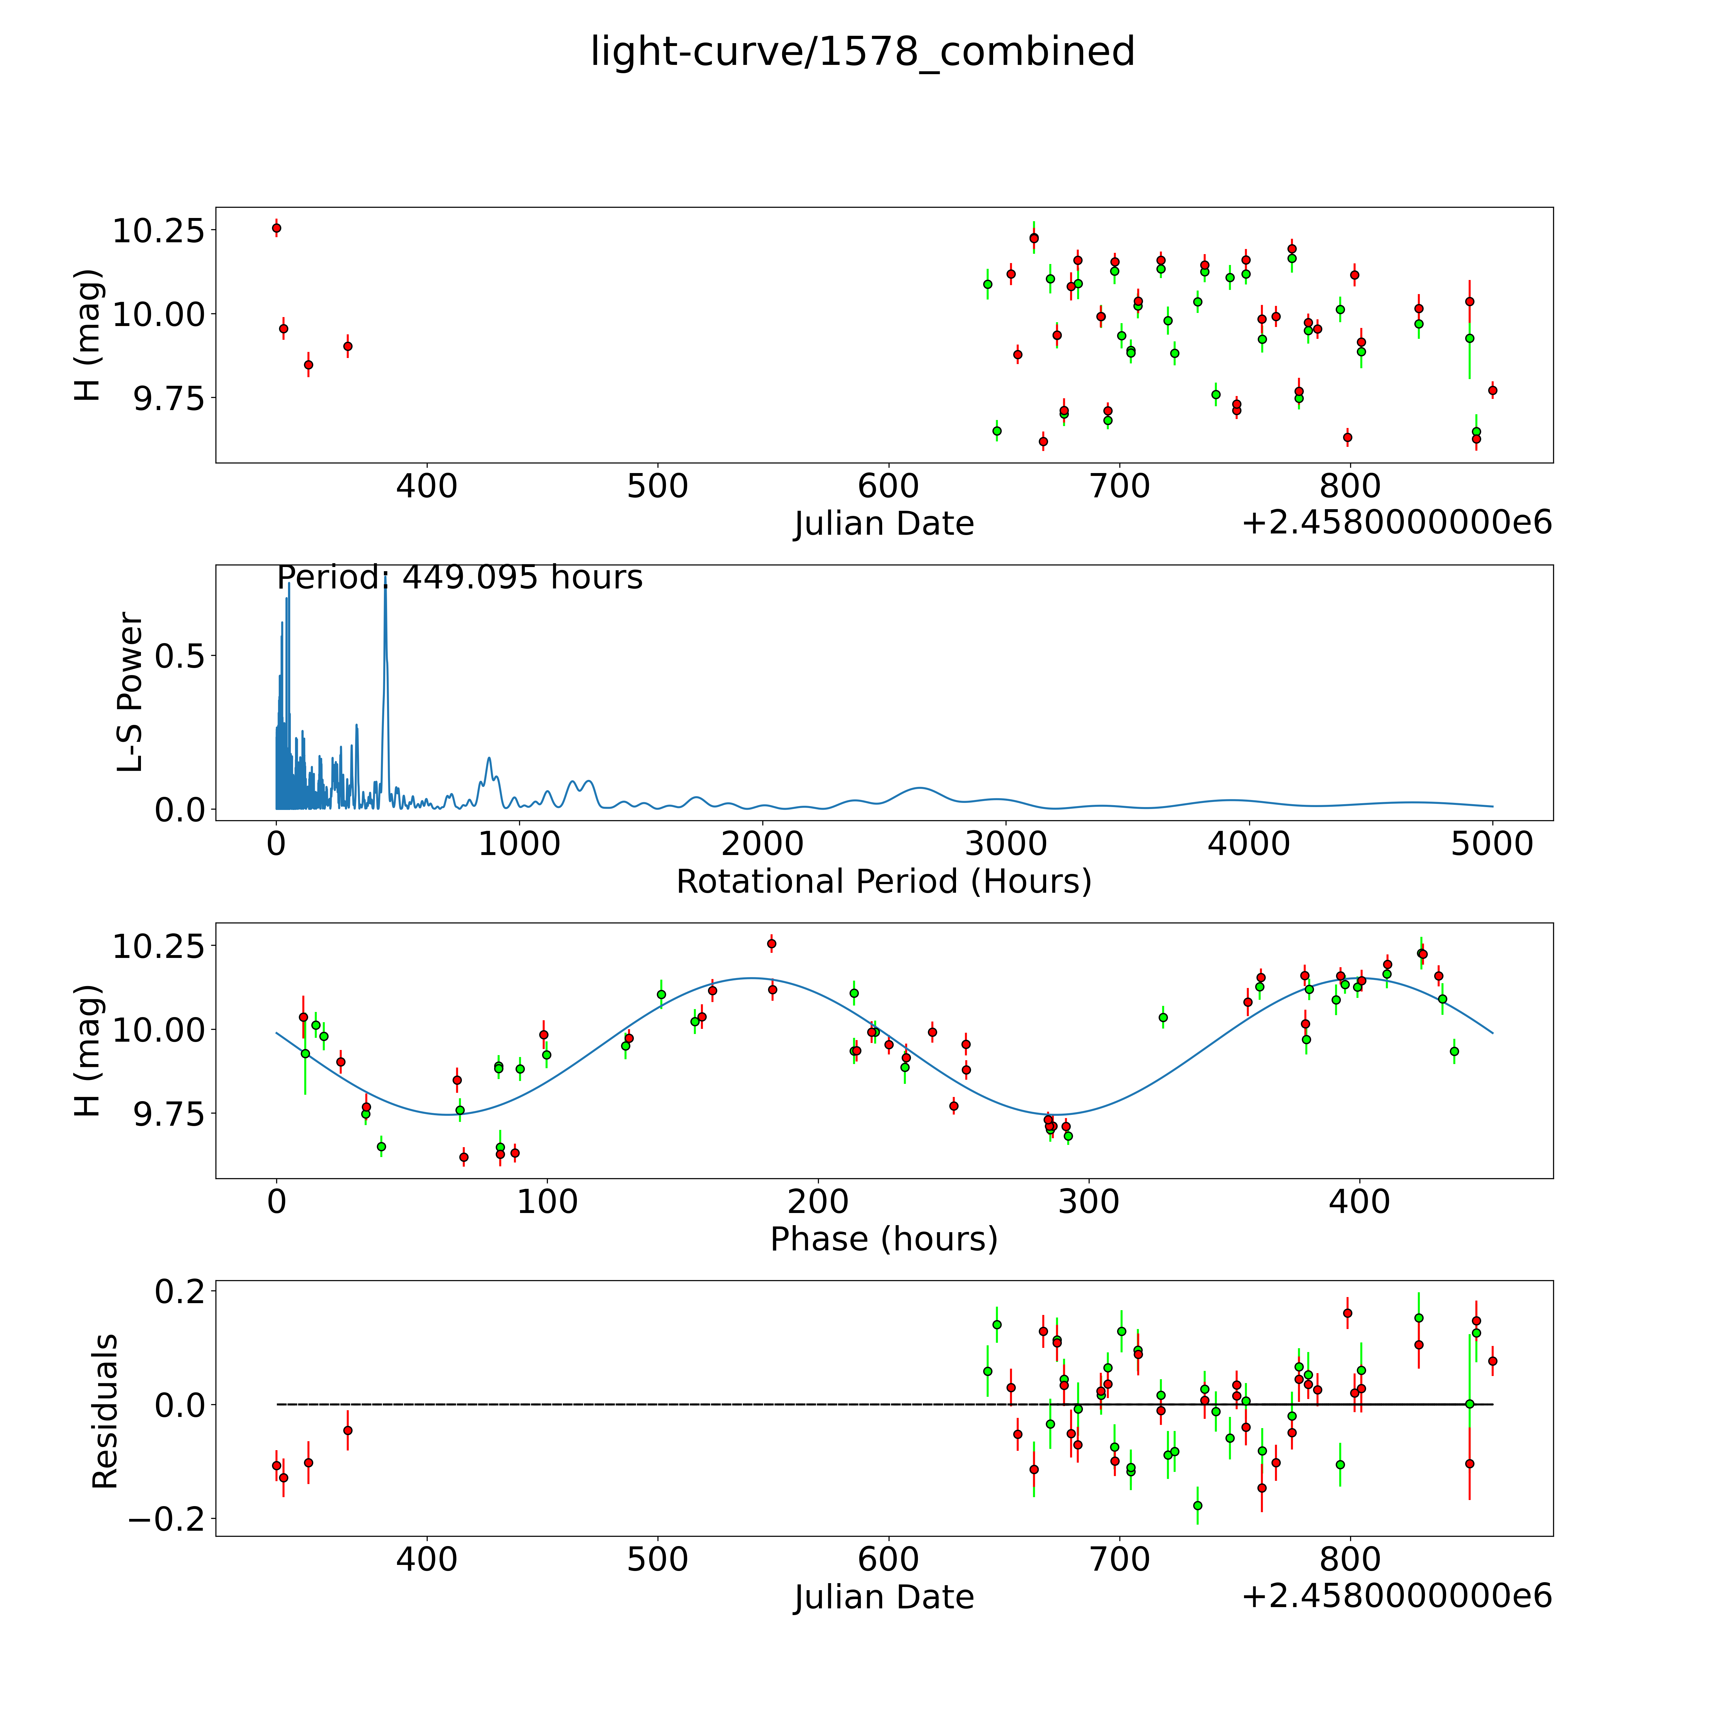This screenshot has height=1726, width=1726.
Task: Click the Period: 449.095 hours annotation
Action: click(x=459, y=578)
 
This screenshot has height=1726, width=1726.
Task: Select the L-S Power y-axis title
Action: click(x=130, y=692)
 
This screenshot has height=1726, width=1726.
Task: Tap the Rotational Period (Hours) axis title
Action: click(x=883, y=882)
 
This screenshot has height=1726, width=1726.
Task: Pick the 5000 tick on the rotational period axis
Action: click(x=1492, y=844)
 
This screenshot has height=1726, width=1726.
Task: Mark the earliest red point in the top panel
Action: click(x=276, y=228)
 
